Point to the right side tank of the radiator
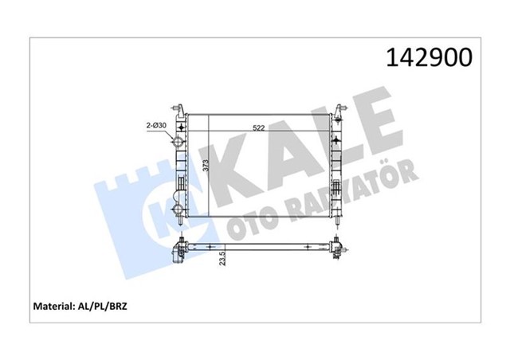coord(336,163)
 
